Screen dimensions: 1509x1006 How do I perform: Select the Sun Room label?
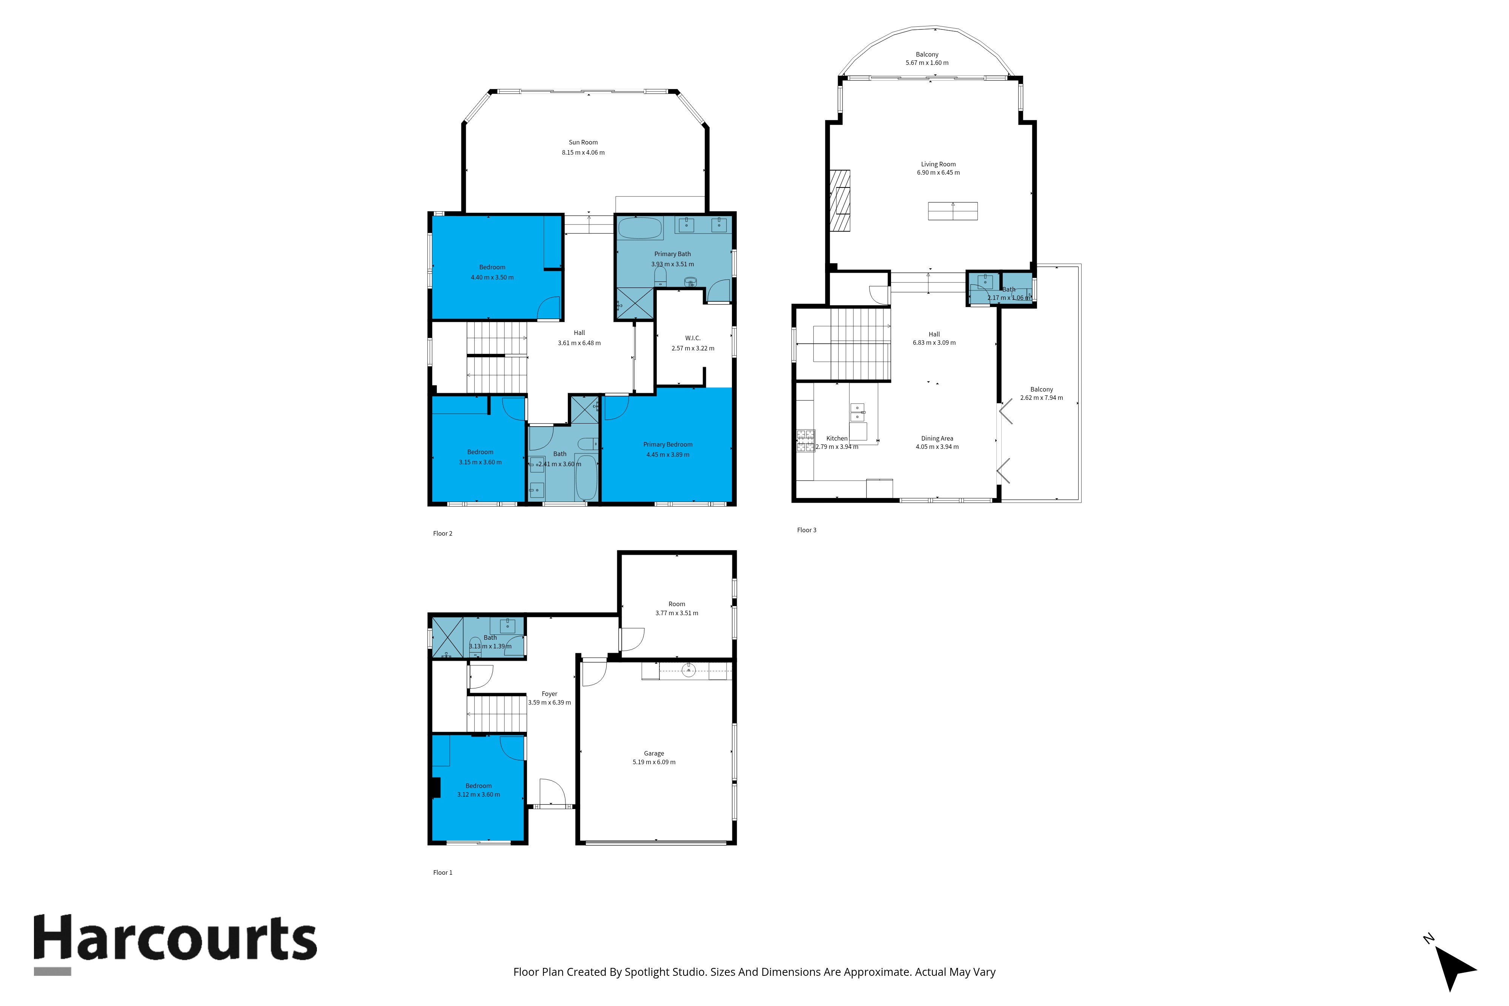pos(583,143)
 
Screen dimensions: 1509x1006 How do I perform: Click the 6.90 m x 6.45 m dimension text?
pos(938,173)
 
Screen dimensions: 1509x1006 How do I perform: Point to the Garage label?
pos(654,753)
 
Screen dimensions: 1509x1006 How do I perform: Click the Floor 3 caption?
pos(807,530)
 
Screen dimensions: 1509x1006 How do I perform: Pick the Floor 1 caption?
pos(443,872)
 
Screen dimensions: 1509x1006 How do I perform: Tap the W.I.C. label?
pos(693,338)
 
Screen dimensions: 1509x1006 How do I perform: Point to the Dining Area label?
pos(937,439)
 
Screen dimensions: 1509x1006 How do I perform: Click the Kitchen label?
pos(837,439)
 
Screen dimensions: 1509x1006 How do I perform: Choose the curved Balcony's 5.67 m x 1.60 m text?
pos(927,63)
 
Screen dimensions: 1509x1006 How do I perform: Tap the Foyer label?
pos(549,694)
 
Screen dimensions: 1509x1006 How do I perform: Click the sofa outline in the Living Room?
pos(953,211)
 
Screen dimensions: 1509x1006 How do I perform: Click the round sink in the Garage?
pos(688,670)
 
